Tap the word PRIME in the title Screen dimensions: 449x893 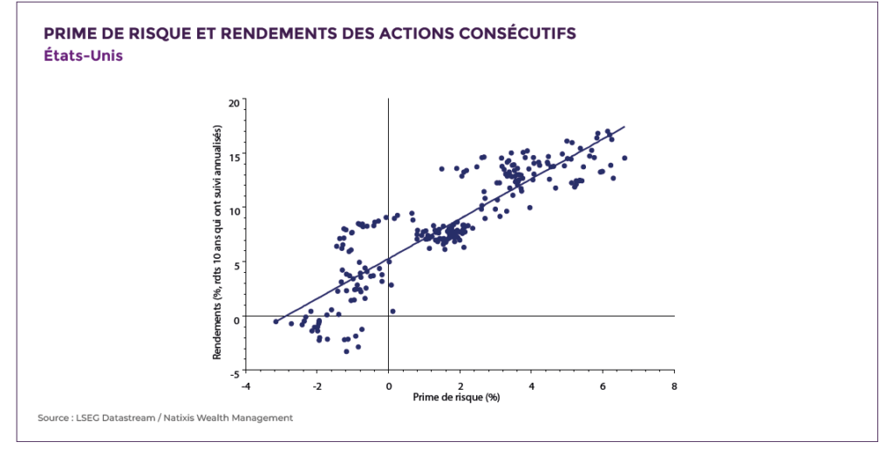(x=70, y=34)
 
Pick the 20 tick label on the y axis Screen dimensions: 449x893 (x=233, y=103)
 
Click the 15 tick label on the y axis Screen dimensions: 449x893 (x=233, y=156)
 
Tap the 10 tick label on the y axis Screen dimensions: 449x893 (x=233, y=210)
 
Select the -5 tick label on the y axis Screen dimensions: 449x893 (x=234, y=372)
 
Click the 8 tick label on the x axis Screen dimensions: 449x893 (x=674, y=385)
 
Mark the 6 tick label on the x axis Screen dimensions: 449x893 (x=603, y=385)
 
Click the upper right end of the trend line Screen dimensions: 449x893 (x=624, y=126)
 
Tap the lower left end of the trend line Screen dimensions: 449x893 (x=276, y=322)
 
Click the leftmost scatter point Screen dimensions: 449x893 (x=276, y=322)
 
